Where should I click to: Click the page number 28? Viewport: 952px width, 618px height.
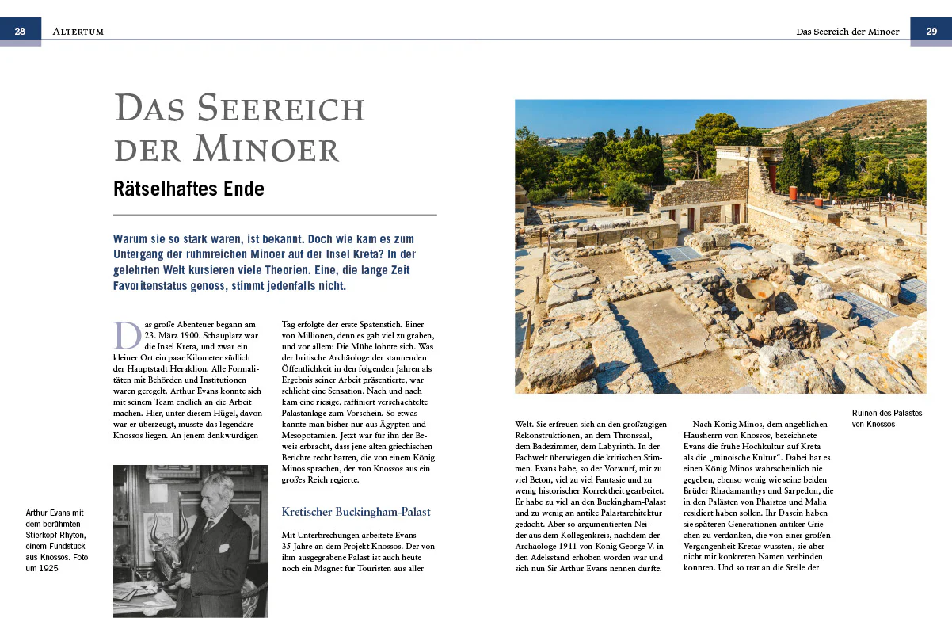click(x=21, y=31)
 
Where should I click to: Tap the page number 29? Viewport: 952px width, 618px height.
click(x=931, y=31)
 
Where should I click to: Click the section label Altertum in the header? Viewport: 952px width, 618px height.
click(x=78, y=32)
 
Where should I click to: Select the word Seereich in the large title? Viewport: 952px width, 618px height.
click(x=281, y=109)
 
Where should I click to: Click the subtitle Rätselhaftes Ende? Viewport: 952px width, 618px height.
click(x=188, y=189)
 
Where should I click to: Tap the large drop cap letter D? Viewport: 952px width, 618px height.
click(x=127, y=335)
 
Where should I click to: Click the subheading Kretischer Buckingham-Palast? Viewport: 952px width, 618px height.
click(x=356, y=512)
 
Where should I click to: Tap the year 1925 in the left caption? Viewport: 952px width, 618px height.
click(x=48, y=568)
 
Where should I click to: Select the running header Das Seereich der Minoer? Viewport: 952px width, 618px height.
click(x=847, y=32)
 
